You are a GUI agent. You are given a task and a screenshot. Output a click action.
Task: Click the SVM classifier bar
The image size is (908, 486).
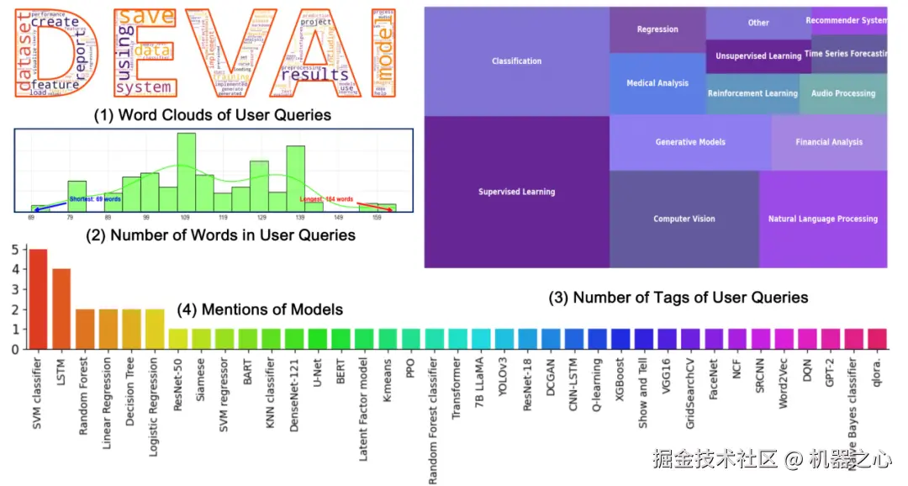point(39,298)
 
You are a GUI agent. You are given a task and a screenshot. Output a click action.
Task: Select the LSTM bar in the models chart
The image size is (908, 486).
point(62,309)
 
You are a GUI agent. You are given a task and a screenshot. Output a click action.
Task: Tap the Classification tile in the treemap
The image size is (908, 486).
point(516,61)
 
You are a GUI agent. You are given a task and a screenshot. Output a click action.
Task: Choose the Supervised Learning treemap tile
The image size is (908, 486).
point(516,192)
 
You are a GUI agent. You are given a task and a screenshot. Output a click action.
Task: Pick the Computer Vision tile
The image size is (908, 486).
point(684,219)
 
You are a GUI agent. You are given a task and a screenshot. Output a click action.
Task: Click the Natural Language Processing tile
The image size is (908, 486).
point(822,219)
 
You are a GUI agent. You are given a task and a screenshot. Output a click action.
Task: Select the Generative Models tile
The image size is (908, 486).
point(690,142)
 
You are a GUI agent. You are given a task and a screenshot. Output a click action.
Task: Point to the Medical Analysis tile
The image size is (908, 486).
point(657,83)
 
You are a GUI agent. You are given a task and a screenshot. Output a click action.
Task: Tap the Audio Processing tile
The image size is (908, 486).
point(842,93)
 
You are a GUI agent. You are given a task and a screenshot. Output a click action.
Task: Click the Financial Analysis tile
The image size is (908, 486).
point(829,142)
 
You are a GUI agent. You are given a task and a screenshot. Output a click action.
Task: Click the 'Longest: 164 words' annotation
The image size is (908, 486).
point(327,199)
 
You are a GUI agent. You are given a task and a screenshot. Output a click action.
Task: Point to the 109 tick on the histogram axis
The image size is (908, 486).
point(185,217)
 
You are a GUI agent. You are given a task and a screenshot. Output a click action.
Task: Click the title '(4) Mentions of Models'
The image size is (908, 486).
point(260,309)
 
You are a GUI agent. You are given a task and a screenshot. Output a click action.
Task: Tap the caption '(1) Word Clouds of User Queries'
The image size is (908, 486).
point(212,115)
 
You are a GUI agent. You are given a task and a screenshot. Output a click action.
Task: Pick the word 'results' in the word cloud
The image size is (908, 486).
point(314,75)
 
